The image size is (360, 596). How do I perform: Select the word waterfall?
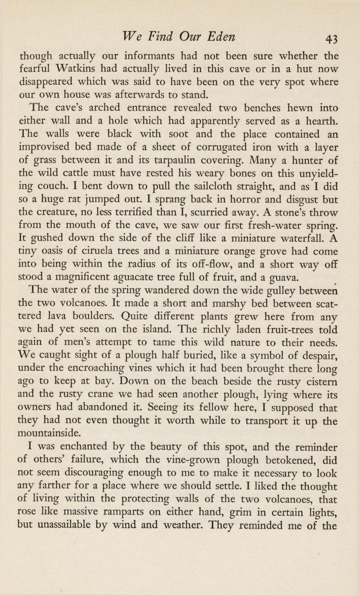(x=296, y=239)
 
